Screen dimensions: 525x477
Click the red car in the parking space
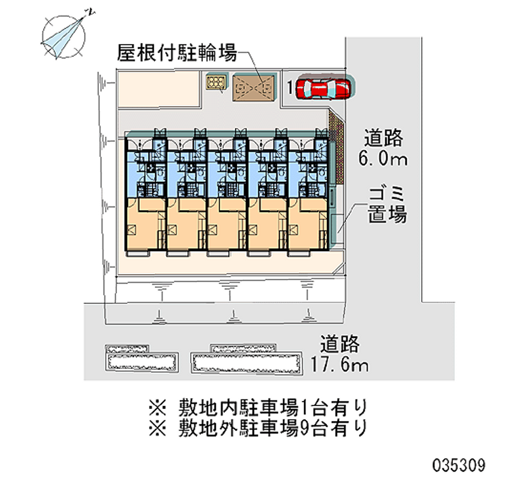pos(324,88)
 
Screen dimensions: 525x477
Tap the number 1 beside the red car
pos(290,87)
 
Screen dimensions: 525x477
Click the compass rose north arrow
pos(63,37)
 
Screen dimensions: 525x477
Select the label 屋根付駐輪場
pos(177,53)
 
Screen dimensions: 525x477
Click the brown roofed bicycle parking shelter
pos(253,88)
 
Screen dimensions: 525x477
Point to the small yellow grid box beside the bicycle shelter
pos(216,82)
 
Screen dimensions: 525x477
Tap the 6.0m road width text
pos(383,158)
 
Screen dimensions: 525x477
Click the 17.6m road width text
pos(339,364)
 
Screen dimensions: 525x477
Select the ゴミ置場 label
pos(387,205)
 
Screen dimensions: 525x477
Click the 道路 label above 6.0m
pos(383,138)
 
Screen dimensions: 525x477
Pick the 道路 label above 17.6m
pos(339,344)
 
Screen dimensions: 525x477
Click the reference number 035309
pos(459,465)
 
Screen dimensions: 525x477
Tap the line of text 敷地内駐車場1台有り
pos(258,407)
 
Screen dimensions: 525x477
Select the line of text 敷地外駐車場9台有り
pos(258,428)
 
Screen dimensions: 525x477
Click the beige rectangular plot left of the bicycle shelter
pos(158,89)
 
